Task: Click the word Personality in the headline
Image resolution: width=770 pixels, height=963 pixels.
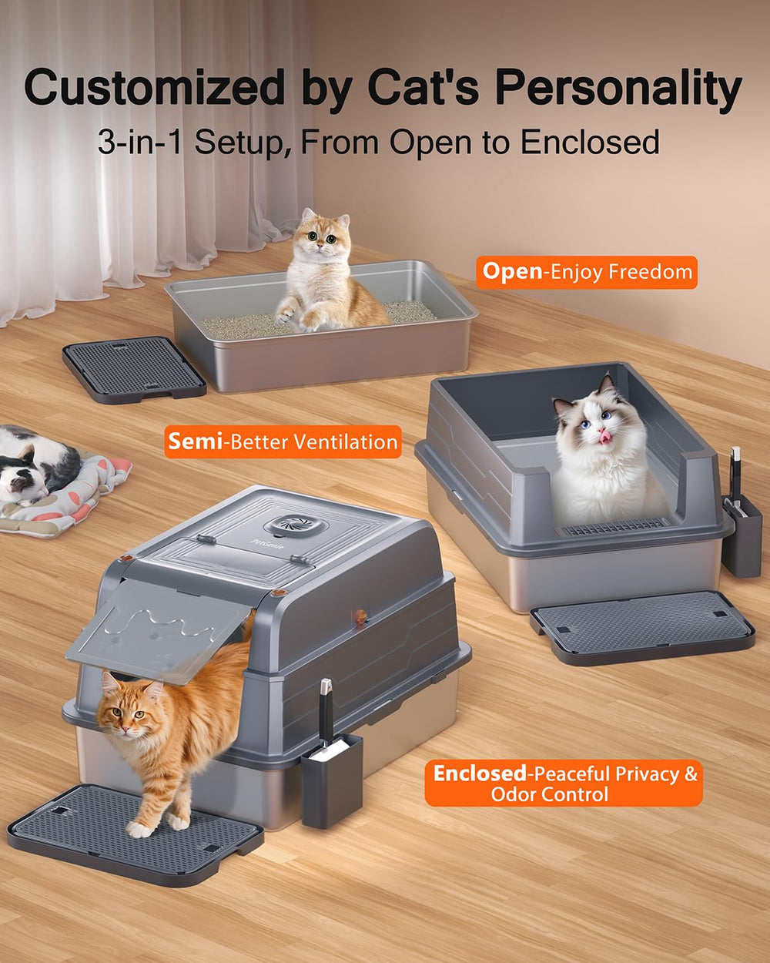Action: click(x=618, y=89)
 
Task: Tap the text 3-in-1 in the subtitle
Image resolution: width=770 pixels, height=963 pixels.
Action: click(x=139, y=143)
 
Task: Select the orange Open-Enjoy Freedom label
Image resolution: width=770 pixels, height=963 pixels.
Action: click(x=587, y=273)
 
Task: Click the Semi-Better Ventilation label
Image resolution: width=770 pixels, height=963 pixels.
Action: click(x=283, y=442)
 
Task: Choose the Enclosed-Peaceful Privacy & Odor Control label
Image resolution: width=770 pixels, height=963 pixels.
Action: click(x=564, y=783)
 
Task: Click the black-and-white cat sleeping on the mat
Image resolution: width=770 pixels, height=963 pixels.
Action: click(x=35, y=465)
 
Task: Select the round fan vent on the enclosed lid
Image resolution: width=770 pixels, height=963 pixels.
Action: click(x=291, y=527)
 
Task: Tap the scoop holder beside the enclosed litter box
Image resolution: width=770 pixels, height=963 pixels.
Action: click(x=331, y=778)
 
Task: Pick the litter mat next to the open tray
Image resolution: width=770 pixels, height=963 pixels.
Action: click(x=133, y=368)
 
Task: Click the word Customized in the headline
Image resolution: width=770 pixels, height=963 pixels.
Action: click(x=154, y=89)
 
